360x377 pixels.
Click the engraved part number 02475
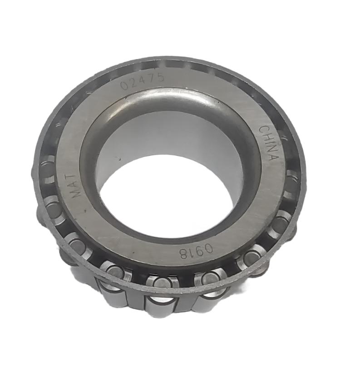tap(142, 82)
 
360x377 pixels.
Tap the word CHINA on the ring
tap(268, 143)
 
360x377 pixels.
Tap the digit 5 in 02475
tap(159, 78)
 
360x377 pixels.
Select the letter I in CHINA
tap(268, 142)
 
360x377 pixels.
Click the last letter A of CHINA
tap(272, 157)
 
